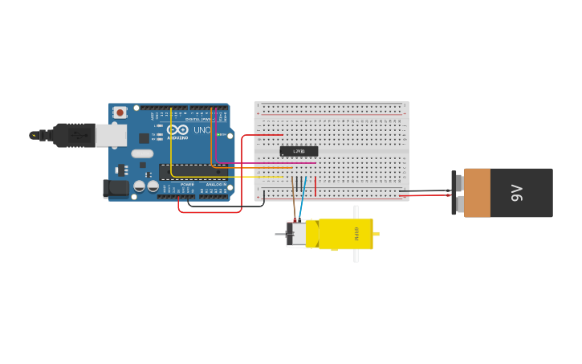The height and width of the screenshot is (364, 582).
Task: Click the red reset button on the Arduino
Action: click(120, 112)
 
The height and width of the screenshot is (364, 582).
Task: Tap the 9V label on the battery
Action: click(517, 193)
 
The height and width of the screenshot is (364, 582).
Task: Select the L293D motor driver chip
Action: click(299, 151)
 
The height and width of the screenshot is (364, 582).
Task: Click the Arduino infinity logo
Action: click(178, 130)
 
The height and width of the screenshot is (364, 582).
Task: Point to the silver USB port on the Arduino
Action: click(111, 135)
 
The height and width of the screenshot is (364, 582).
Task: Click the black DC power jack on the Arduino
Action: click(116, 189)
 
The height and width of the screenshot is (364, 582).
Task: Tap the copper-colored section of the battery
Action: click(477, 193)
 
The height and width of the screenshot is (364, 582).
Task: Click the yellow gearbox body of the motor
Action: click(345, 234)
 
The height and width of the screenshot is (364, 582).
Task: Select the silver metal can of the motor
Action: click(299, 235)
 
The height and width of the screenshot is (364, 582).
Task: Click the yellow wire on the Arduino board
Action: click(171, 145)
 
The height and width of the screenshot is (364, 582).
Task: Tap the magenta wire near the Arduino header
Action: click(215, 141)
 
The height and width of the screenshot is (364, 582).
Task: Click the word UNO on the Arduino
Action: click(201, 130)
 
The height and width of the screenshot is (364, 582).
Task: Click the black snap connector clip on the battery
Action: click(454, 193)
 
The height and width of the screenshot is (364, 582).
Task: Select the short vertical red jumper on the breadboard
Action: click(315, 186)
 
